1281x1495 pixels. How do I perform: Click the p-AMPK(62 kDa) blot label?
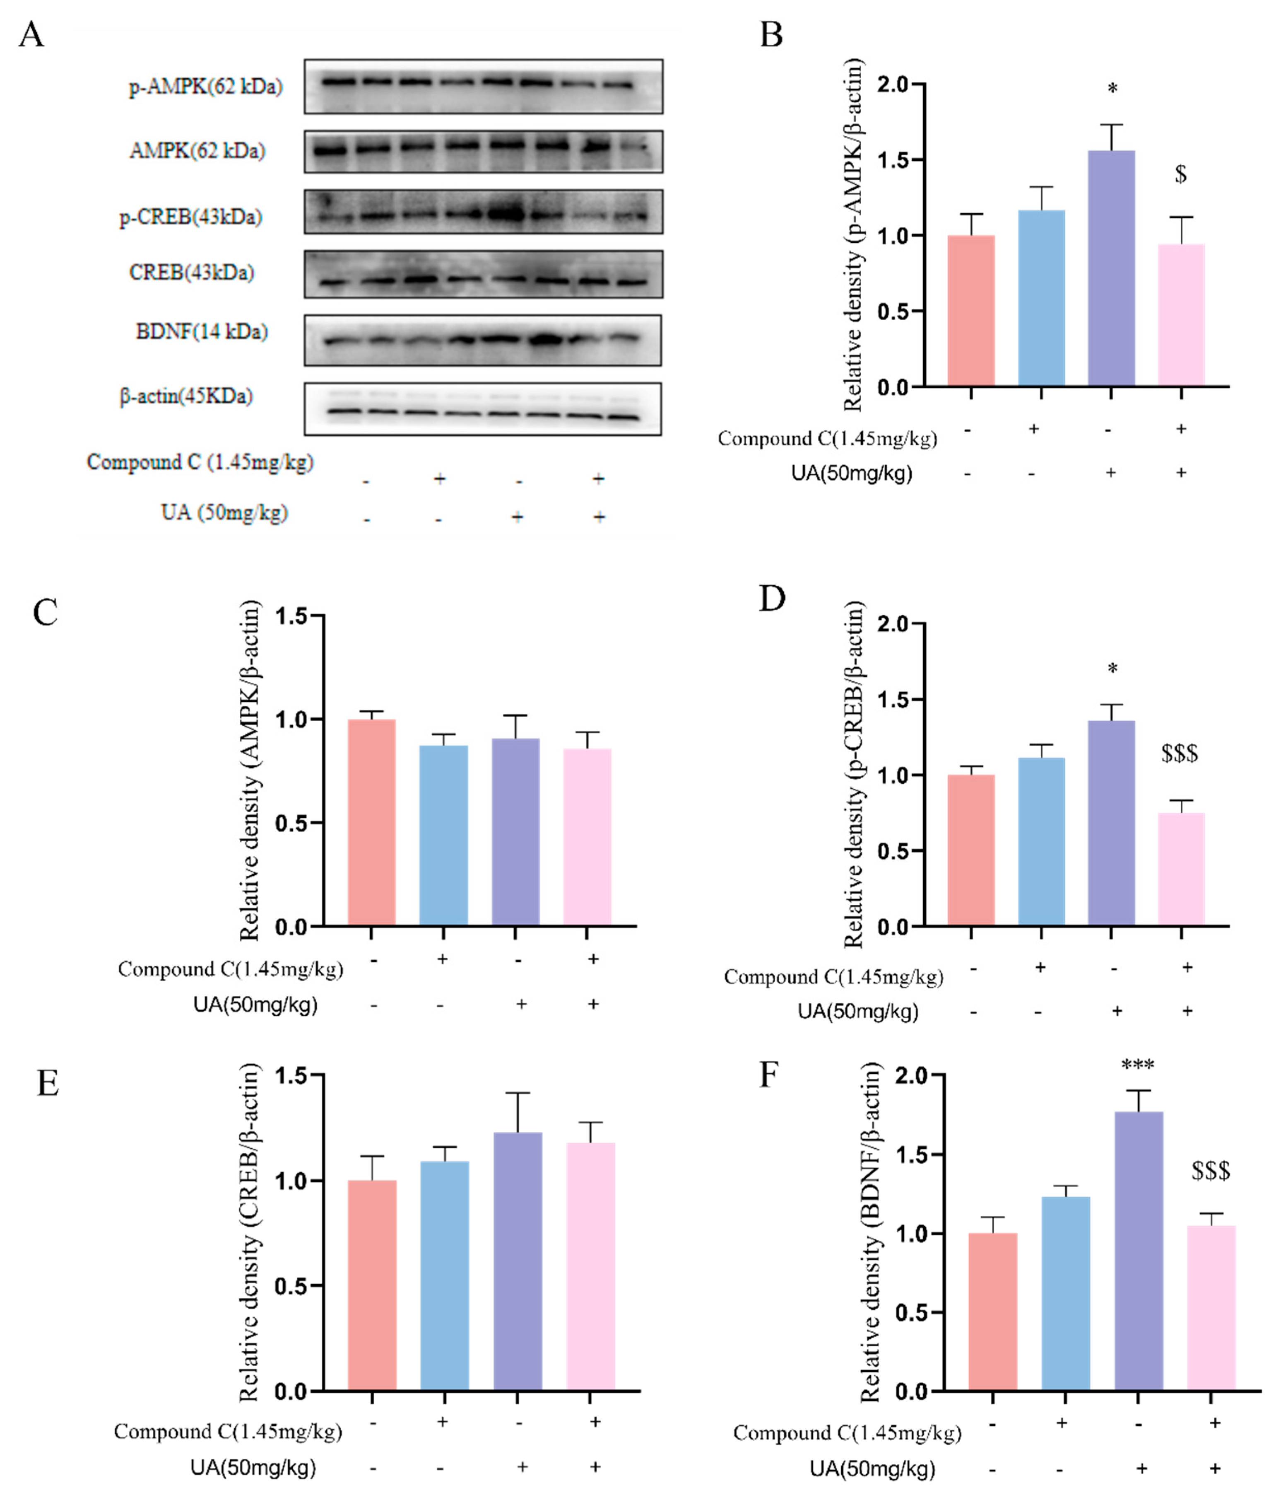click(206, 87)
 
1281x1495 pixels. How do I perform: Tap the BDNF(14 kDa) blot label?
click(202, 332)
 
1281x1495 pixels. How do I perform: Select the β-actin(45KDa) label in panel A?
click(186, 396)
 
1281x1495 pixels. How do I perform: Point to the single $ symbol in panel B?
click(1180, 174)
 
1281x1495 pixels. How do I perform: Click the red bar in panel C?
click(371, 823)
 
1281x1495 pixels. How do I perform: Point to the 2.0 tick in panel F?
click(910, 1076)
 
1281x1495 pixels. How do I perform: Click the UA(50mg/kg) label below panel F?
click(872, 1469)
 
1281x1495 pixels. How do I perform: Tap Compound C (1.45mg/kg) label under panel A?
click(200, 462)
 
